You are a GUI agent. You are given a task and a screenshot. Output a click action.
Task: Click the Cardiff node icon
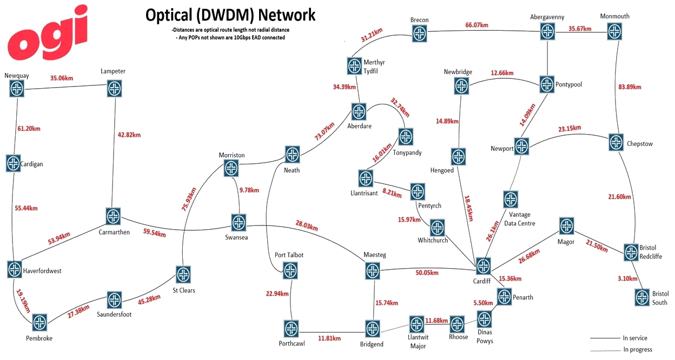click(x=483, y=265)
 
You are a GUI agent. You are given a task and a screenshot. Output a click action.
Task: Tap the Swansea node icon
click(x=239, y=222)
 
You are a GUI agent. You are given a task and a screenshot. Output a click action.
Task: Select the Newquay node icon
click(x=17, y=89)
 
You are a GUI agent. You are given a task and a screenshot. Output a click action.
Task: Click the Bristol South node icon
click(x=642, y=297)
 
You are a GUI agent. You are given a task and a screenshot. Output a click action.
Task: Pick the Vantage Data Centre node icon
click(x=510, y=199)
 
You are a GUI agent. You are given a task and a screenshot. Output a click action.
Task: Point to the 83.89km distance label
click(x=630, y=86)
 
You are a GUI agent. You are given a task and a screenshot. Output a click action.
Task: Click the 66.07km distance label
click(x=477, y=25)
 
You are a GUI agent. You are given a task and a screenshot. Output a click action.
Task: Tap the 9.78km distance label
click(x=249, y=190)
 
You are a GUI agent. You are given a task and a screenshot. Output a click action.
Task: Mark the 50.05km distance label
click(x=427, y=274)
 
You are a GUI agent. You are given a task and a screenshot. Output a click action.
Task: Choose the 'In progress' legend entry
click(x=638, y=349)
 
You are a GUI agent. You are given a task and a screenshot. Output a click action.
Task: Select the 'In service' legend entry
click(x=634, y=338)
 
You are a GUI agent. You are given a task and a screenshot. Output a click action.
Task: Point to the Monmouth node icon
click(x=614, y=31)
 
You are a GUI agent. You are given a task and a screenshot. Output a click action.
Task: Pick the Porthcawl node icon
click(x=291, y=328)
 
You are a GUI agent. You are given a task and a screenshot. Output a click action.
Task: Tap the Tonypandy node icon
click(x=406, y=136)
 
